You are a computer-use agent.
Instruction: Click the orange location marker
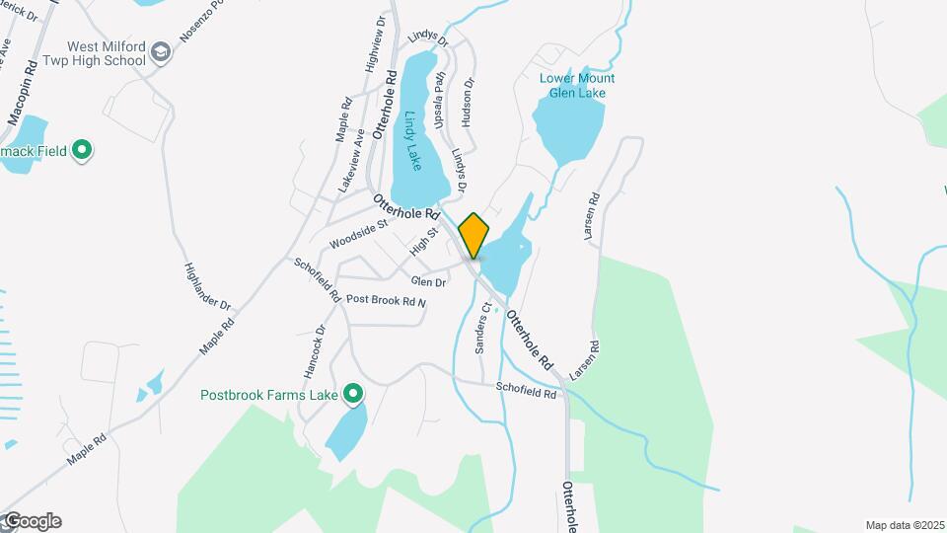coord(473,235)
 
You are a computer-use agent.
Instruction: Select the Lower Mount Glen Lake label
coord(577,86)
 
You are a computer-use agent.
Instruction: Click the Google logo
coord(32,521)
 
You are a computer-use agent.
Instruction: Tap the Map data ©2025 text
coord(905,525)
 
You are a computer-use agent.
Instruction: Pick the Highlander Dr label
coord(207,288)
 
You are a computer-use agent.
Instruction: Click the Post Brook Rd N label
coord(386,300)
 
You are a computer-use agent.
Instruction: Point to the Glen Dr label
coord(429,282)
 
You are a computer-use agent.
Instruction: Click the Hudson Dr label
coord(468,103)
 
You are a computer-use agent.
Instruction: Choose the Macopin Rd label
coord(24,92)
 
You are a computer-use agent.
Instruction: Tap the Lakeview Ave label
coord(350,160)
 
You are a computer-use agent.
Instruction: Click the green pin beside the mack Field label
coord(83,151)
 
